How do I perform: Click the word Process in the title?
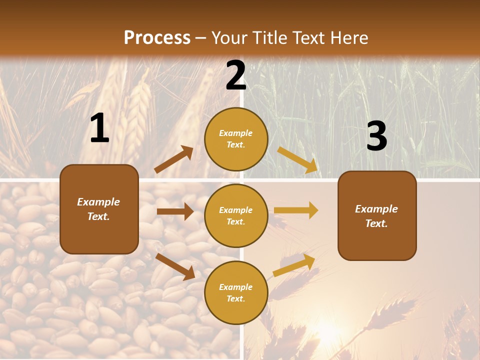click(157, 38)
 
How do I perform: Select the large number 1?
click(99, 128)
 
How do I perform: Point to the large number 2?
click(236, 76)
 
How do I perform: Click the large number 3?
click(376, 136)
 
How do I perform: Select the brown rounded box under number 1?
click(99, 209)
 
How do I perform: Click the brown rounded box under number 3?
click(377, 215)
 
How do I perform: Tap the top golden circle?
click(236, 139)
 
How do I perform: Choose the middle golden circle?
click(236, 215)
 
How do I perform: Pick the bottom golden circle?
click(236, 292)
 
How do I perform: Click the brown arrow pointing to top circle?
click(173, 159)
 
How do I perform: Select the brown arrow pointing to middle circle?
click(175, 211)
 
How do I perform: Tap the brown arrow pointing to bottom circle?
click(175, 266)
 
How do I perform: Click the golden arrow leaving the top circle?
click(298, 159)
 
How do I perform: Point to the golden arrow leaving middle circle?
click(296, 210)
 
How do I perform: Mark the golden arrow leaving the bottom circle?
click(294, 265)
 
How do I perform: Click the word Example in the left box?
click(98, 202)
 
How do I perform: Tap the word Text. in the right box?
click(376, 223)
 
